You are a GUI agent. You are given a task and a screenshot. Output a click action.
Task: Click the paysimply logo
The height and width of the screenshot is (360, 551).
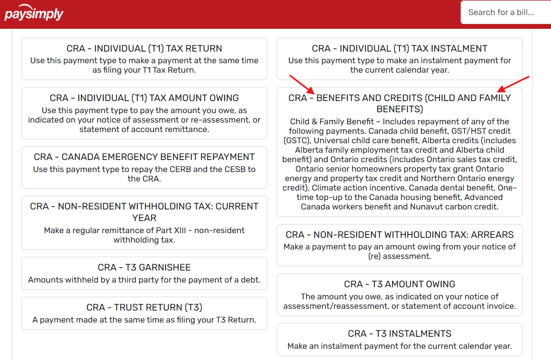coord(34,14)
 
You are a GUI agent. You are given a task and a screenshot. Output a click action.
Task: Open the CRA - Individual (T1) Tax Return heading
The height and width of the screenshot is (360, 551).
coord(144,49)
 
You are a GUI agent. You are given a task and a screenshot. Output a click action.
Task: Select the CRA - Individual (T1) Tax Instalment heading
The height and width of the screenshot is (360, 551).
coord(399,49)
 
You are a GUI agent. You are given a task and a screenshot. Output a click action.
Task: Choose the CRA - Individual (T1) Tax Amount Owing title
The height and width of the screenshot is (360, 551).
coord(144,98)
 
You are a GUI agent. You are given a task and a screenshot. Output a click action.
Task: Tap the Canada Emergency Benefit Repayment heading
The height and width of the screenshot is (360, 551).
coord(144,157)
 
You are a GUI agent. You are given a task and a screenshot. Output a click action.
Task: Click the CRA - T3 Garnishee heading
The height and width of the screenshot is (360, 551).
coord(144,268)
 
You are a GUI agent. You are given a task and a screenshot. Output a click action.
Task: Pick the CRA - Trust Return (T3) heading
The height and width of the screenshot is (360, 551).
coord(144,308)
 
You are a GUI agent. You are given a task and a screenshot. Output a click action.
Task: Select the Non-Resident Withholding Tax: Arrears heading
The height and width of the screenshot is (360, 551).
coord(399,235)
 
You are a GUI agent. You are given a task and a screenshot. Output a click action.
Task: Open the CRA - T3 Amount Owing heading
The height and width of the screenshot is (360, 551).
coord(399,284)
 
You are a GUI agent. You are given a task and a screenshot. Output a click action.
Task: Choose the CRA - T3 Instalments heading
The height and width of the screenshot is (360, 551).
coord(399,334)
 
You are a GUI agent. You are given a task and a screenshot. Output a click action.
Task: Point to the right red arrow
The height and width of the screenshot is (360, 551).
coord(513,84)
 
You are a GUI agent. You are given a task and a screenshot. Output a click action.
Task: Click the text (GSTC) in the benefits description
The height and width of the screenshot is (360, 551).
coord(296,141)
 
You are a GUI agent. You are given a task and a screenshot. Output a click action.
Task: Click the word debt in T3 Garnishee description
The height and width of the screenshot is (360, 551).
coord(252,280)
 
